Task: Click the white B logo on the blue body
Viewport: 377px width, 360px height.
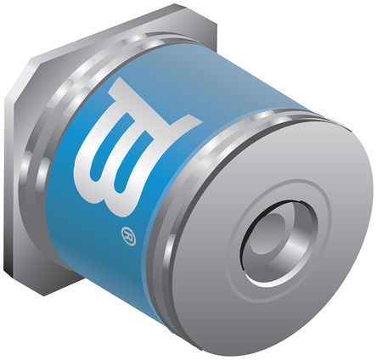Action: [135, 147]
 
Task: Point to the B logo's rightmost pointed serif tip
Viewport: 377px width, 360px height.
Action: [201, 122]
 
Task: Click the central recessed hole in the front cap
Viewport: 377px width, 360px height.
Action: [279, 243]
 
